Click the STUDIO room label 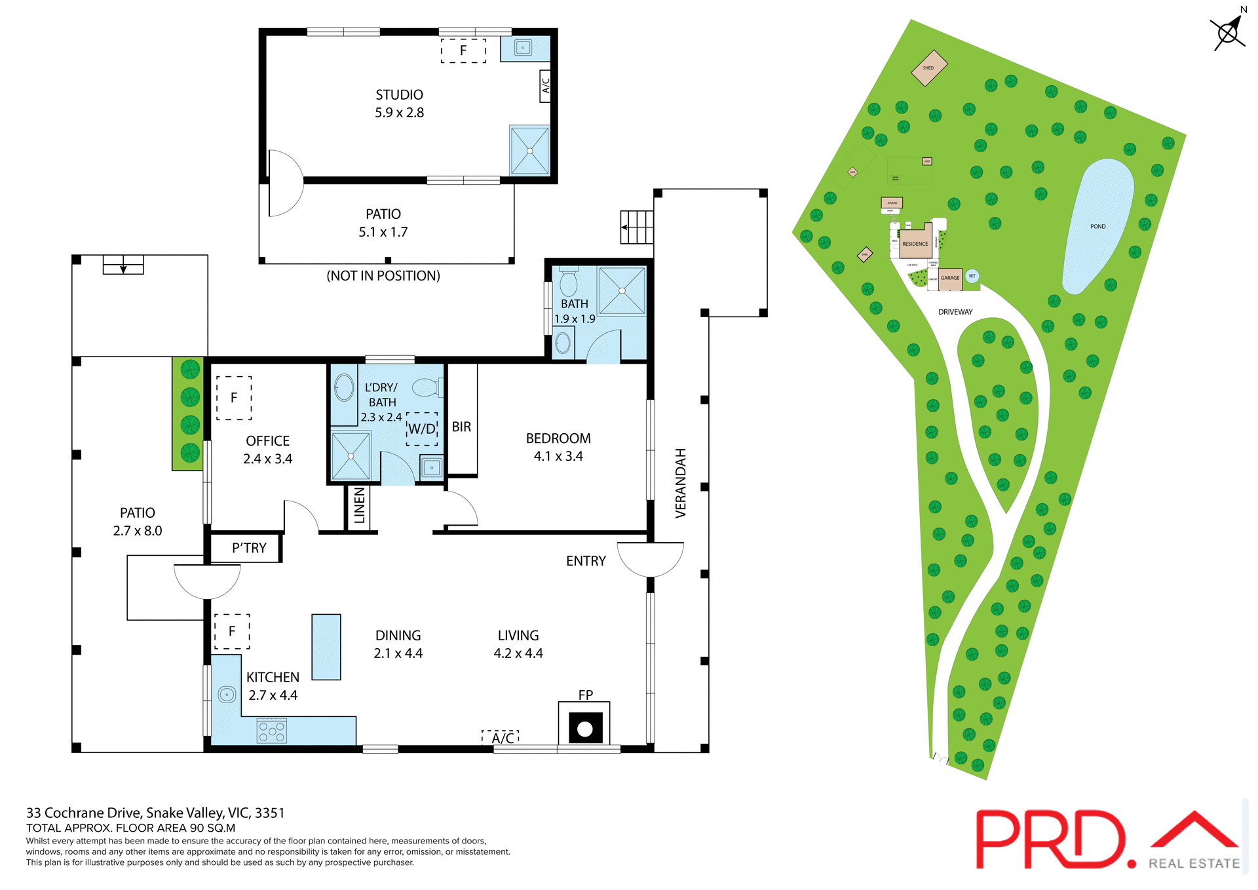tap(399, 95)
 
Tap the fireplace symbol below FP tap(584, 728)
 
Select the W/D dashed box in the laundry tap(422, 429)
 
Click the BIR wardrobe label tap(461, 427)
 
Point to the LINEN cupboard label tap(359, 505)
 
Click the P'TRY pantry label tap(249, 548)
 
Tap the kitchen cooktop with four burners tap(271, 731)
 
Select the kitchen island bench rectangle tap(326, 646)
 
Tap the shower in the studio tap(529, 151)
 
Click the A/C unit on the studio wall tap(544, 85)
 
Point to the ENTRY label tap(586, 561)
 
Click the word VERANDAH tap(681, 483)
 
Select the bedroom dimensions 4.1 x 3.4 tap(558, 456)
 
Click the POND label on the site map tap(1097, 227)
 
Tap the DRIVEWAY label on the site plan tap(955, 312)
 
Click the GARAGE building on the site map tap(950, 278)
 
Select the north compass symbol tap(1228, 31)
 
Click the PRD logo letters tap(1048, 840)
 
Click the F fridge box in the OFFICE tap(234, 398)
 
